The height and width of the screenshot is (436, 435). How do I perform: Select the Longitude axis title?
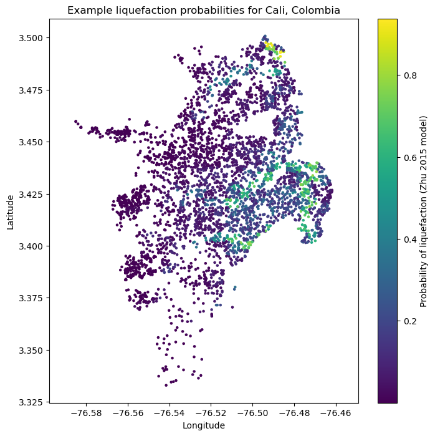pos(204,425)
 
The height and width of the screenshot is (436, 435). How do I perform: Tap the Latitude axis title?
pos(10,211)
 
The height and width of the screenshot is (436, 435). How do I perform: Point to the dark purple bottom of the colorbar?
pos(388,399)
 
